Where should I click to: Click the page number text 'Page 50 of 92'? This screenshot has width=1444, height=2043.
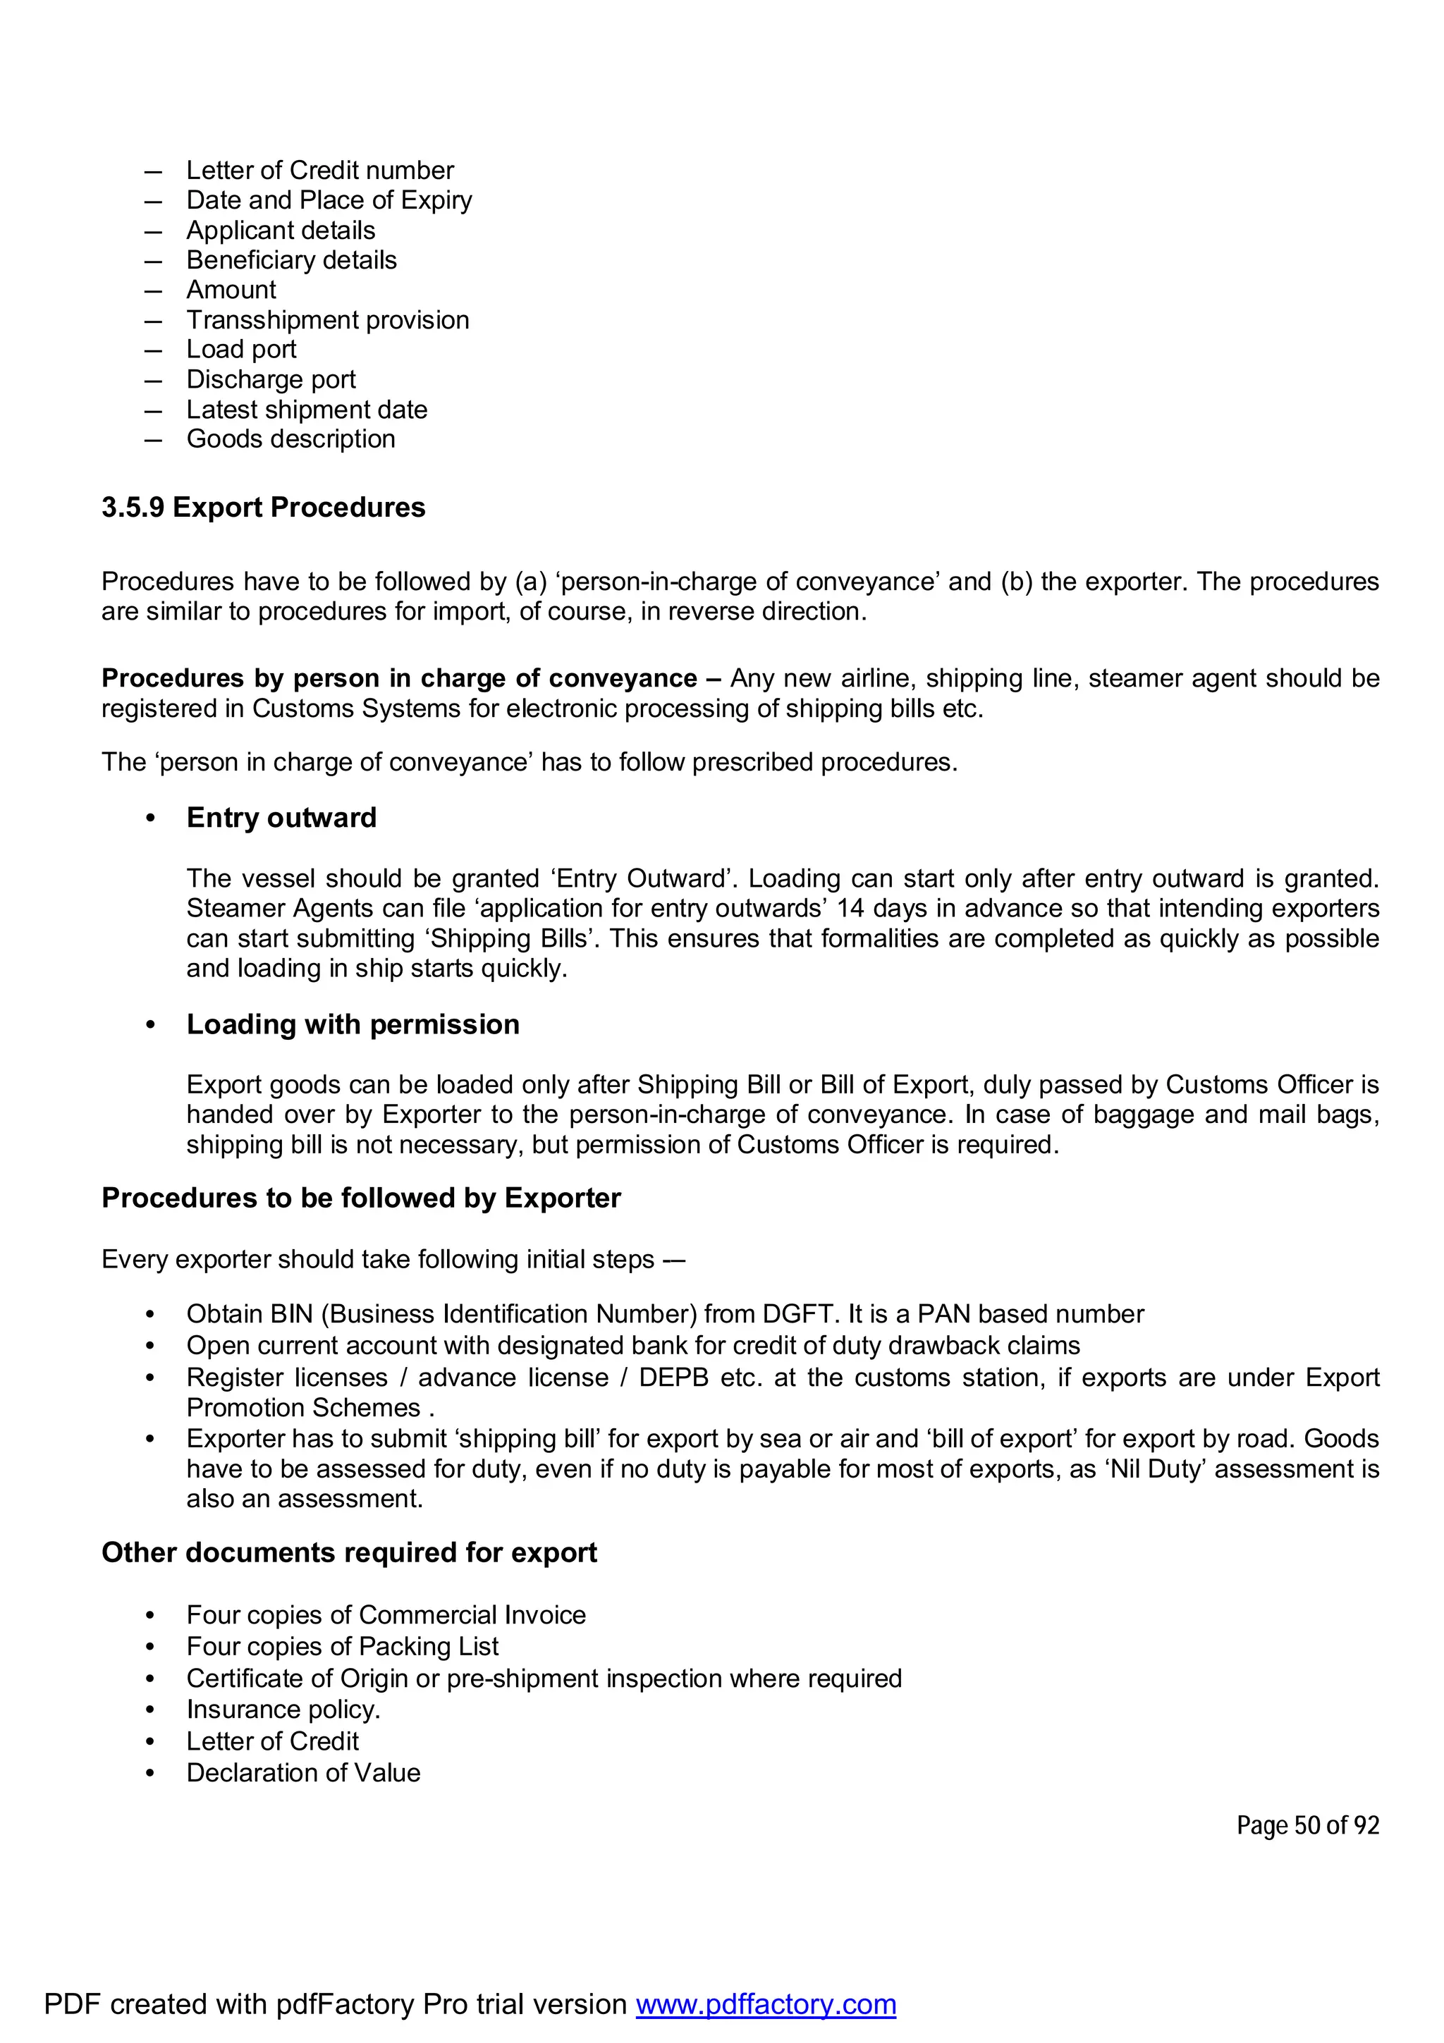point(1307,1825)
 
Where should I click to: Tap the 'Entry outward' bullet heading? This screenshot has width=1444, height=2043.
point(281,817)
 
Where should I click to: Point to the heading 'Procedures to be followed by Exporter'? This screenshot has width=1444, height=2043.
point(360,1198)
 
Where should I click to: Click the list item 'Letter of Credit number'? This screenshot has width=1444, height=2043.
point(319,170)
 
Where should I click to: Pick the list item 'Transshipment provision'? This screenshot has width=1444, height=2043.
point(327,319)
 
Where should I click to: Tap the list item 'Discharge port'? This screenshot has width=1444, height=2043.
point(271,379)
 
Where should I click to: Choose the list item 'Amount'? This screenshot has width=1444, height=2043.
point(231,289)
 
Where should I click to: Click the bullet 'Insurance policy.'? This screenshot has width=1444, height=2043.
point(283,1710)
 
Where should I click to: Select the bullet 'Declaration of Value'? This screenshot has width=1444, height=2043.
point(302,1772)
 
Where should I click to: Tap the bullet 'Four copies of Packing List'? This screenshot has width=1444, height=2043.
point(342,1646)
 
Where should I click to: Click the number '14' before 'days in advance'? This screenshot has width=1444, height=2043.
point(850,909)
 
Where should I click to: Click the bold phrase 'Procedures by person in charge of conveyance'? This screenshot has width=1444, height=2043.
point(398,678)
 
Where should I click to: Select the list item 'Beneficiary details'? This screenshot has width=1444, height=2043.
point(291,260)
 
